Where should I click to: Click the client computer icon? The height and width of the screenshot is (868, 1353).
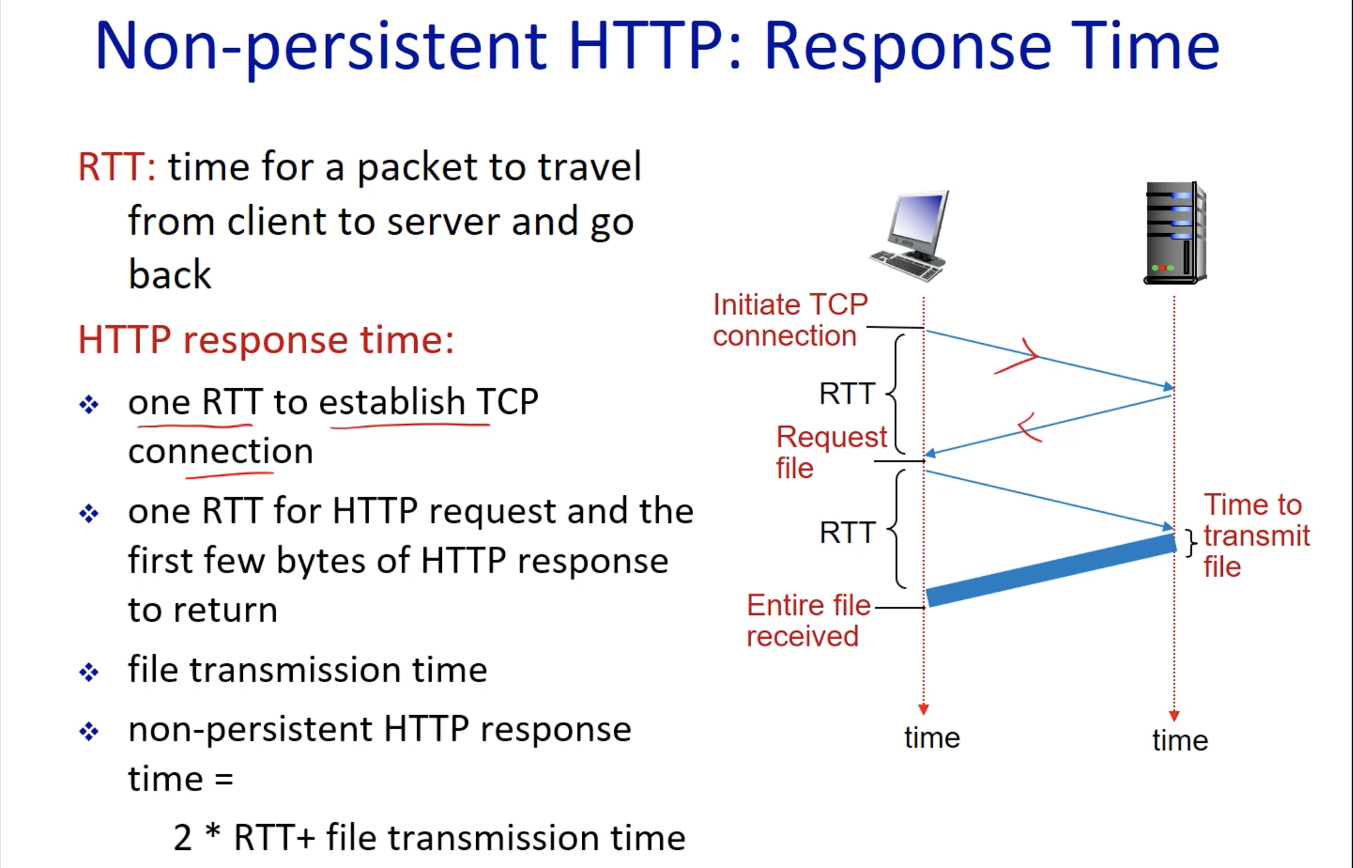pos(909,236)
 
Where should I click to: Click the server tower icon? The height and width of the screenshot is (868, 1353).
pos(1175,233)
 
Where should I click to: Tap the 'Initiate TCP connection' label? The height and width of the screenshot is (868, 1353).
pos(790,320)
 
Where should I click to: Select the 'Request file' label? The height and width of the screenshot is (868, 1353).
pos(830,452)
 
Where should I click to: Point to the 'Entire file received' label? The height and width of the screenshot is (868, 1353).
pos(808,621)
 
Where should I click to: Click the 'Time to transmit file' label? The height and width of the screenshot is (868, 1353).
pos(1255,535)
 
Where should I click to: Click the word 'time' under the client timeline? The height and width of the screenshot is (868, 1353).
pos(931,738)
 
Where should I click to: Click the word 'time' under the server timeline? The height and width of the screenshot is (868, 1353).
pos(1180,740)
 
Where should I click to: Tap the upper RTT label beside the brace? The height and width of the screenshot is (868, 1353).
pos(847,394)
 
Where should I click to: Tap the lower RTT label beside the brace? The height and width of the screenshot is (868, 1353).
pos(847,533)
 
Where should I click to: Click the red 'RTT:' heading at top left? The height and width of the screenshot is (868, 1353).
pos(116,167)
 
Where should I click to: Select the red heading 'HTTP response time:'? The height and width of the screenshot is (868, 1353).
pos(266,340)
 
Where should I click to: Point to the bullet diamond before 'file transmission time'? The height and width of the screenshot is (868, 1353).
pos(89,672)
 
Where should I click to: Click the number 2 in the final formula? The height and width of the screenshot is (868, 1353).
pos(182,838)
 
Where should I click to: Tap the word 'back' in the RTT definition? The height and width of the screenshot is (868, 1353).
pos(170,274)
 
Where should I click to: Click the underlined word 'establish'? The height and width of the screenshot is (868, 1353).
pos(392,401)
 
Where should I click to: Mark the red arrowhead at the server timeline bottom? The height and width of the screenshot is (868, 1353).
pos(1174,716)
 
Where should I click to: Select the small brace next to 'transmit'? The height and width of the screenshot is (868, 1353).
pos(1191,542)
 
